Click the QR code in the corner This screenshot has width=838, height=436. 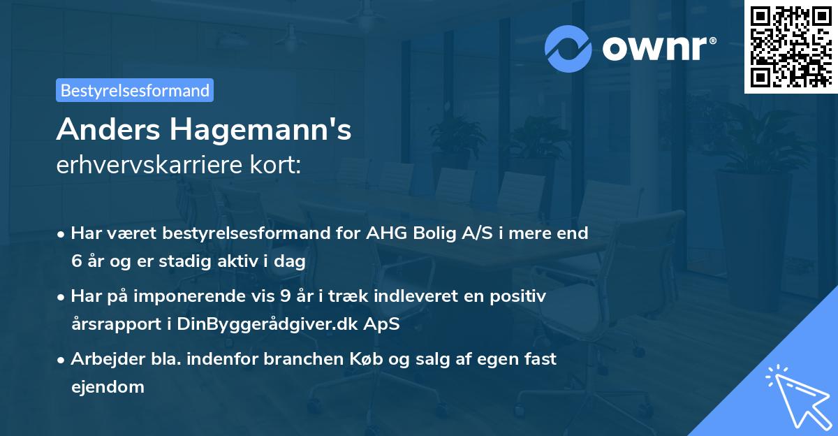791,46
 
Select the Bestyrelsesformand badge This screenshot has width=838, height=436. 135,90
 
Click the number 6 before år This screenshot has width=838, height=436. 76,261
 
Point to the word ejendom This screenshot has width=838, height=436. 108,386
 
